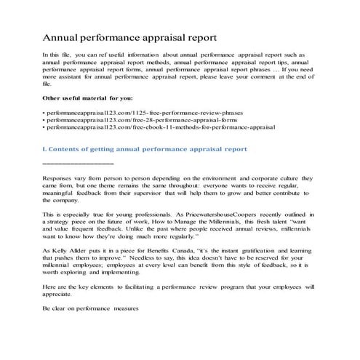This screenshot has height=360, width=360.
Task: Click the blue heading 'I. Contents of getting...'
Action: coord(145,148)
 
